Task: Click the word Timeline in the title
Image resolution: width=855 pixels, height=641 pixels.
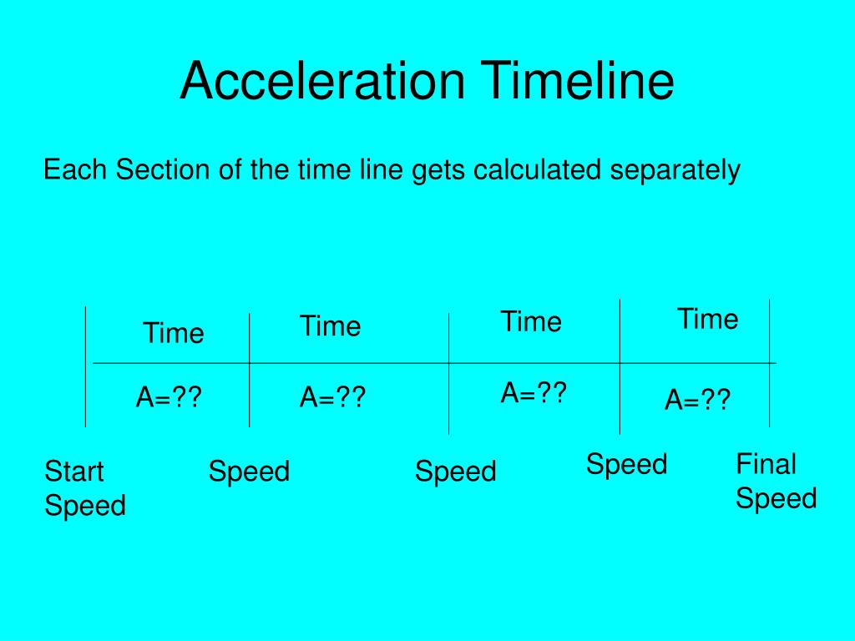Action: (580, 81)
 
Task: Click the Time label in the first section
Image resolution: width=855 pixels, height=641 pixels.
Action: (173, 334)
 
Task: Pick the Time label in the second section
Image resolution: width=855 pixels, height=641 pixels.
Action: (330, 326)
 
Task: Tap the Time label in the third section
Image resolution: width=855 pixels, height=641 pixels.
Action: (531, 321)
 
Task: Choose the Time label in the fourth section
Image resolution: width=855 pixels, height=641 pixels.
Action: (707, 319)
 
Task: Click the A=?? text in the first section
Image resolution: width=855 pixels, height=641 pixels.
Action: (169, 398)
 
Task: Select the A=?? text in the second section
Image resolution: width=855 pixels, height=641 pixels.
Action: (332, 398)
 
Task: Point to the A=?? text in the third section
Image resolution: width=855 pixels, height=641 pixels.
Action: (534, 392)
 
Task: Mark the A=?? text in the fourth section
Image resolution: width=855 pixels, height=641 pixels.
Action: (697, 401)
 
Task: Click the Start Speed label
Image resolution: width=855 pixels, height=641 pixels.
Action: (84, 488)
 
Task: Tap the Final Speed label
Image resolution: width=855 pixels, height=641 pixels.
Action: (775, 481)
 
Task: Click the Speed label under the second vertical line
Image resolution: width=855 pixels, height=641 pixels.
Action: (249, 472)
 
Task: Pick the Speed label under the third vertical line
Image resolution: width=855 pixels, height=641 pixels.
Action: (455, 472)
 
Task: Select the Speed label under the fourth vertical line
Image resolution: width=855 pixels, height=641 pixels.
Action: (626, 464)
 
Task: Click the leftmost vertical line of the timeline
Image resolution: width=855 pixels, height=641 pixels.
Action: (85, 367)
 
